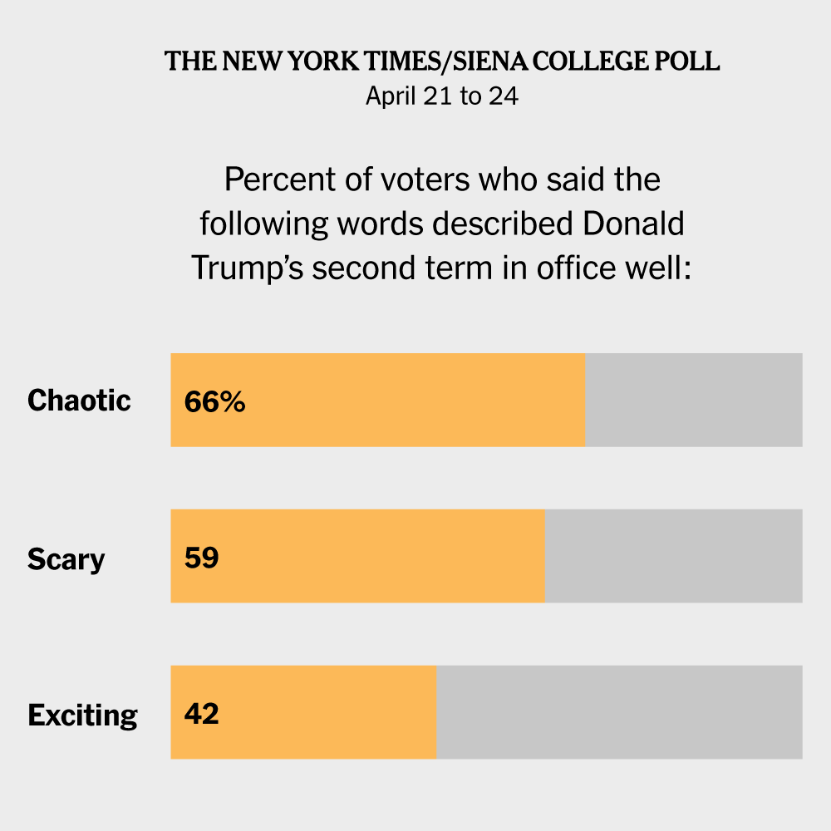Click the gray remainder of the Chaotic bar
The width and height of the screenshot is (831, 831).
coord(694,400)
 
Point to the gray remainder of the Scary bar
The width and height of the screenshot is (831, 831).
coord(673,556)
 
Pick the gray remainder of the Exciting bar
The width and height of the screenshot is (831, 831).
coord(619,712)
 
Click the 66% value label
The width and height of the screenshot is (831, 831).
coord(214,401)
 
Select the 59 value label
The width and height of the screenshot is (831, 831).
coord(201,558)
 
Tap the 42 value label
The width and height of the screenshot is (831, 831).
coord(201,714)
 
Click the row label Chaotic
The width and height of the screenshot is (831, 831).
coord(79,401)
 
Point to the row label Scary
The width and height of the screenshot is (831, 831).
coord(66,558)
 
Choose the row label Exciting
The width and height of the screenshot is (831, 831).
coord(82,715)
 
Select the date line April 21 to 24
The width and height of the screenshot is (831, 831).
coord(442,96)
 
